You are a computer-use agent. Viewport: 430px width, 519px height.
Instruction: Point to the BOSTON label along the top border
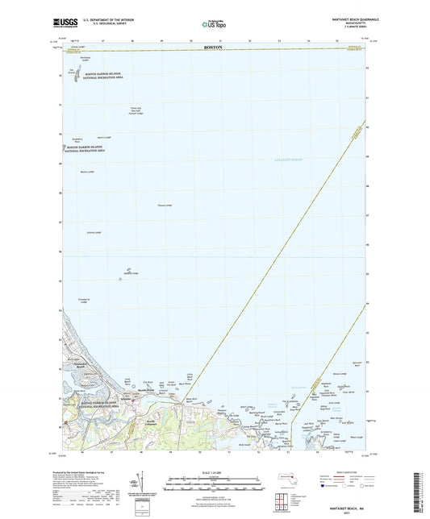213,48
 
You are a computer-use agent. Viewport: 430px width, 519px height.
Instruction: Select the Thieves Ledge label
164,206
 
